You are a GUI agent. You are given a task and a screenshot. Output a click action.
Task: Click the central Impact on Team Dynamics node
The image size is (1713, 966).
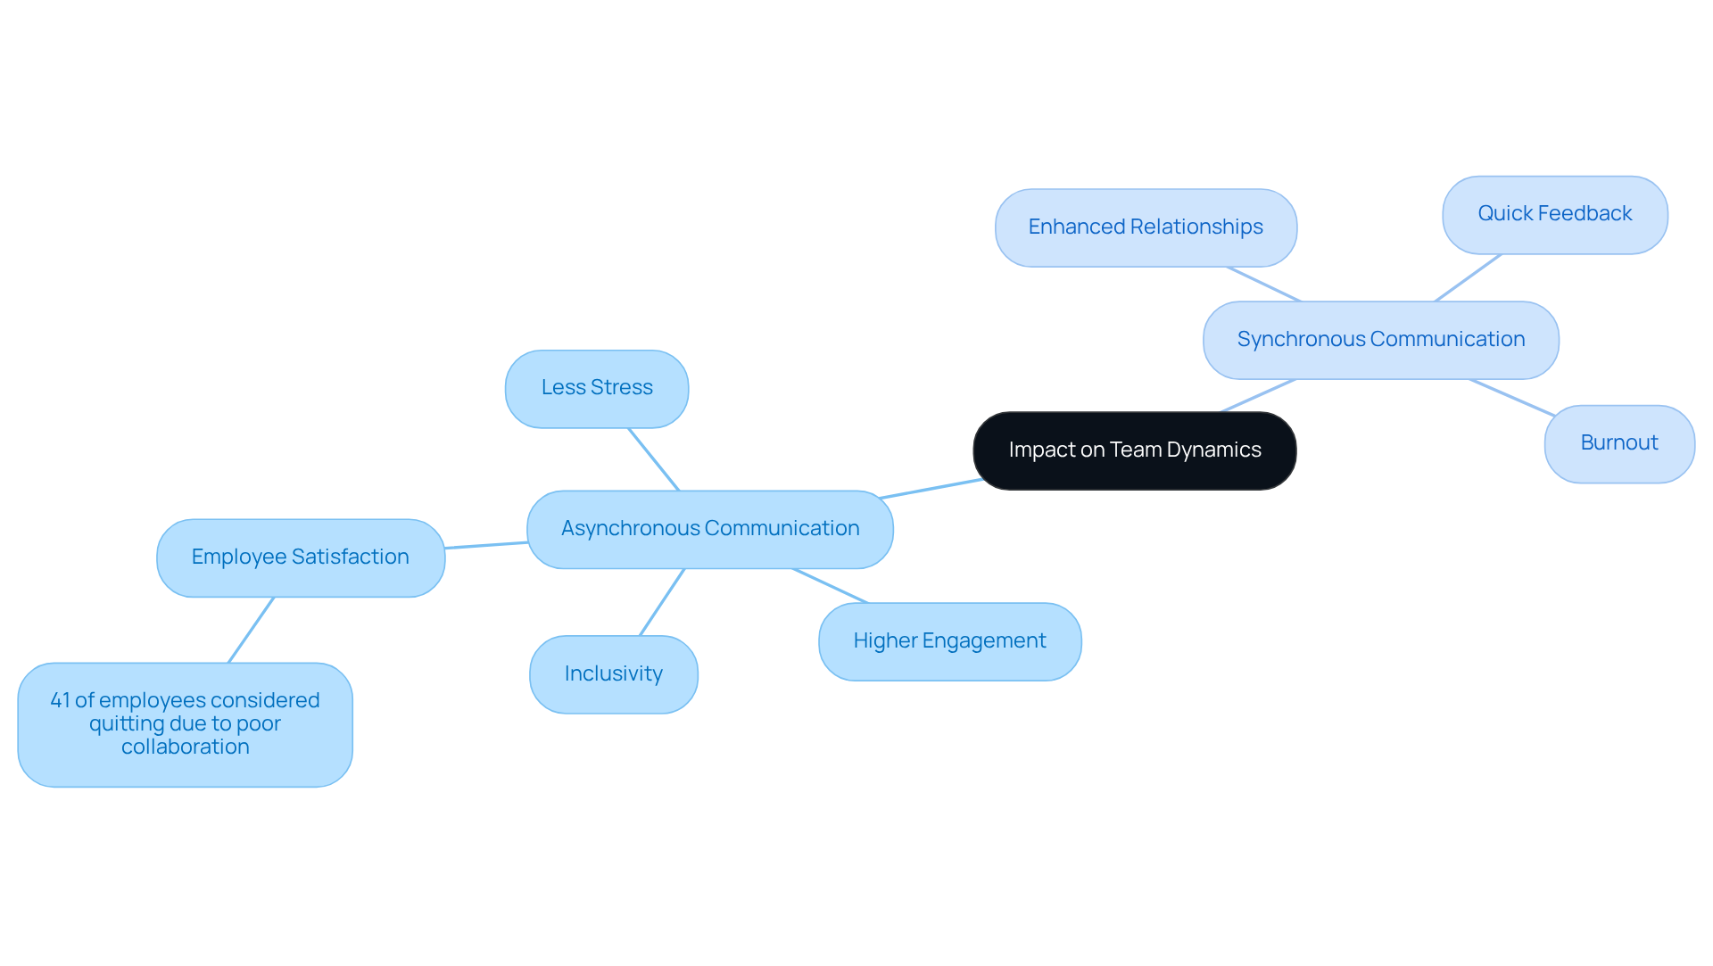[1134, 450]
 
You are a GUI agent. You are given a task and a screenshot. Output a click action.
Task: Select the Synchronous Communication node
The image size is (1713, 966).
[1380, 340]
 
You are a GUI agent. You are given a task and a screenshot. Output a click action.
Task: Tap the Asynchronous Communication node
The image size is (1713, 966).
[709, 529]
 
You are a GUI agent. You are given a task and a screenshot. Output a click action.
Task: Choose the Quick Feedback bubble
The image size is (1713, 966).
[1554, 214]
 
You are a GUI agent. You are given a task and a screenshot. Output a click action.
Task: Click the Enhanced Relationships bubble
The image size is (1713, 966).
[1146, 227]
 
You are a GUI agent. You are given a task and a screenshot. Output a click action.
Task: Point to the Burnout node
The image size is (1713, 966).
[1618, 443]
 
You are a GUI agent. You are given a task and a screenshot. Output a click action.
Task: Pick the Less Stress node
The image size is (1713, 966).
[596, 388]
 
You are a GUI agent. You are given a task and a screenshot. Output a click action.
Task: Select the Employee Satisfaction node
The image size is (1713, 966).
[300, 557]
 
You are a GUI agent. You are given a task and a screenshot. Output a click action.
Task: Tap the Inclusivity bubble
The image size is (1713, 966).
[613, 674]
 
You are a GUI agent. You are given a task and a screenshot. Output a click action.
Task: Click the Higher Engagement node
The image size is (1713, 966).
[949, 641]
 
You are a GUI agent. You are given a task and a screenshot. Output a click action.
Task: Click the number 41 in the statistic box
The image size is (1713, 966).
[60, 700]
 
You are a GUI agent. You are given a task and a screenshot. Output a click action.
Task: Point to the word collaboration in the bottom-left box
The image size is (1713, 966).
[185, 747]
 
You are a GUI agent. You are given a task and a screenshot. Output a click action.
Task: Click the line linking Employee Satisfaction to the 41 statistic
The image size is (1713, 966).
[251, 630]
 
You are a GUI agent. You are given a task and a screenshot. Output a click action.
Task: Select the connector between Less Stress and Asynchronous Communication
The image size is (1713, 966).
[654, 459]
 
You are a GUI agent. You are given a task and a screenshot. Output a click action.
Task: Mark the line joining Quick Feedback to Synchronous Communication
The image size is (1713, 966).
[1468, 277]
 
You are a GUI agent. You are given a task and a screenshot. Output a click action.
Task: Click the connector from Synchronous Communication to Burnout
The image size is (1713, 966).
[1512, 398]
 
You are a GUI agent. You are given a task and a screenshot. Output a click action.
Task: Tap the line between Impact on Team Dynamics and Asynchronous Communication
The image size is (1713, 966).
[931, 489]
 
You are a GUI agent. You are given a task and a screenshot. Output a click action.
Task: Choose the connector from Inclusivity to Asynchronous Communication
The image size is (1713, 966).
[662, 602]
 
